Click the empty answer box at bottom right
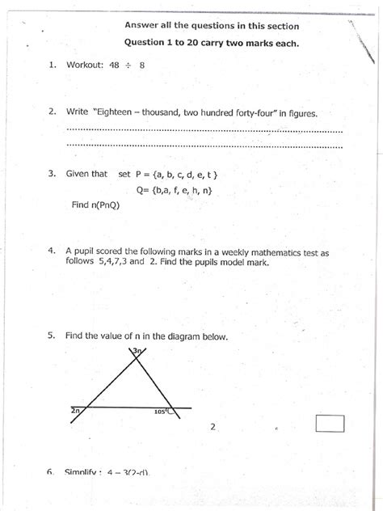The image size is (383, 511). [330, 423]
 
